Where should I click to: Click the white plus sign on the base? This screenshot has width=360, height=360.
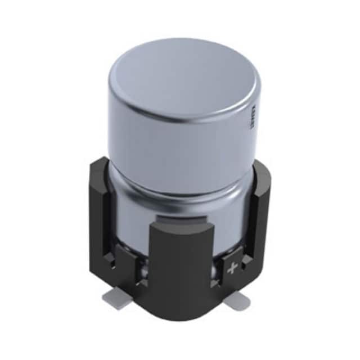[231, 269]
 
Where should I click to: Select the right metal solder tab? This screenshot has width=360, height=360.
[236, 303]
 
